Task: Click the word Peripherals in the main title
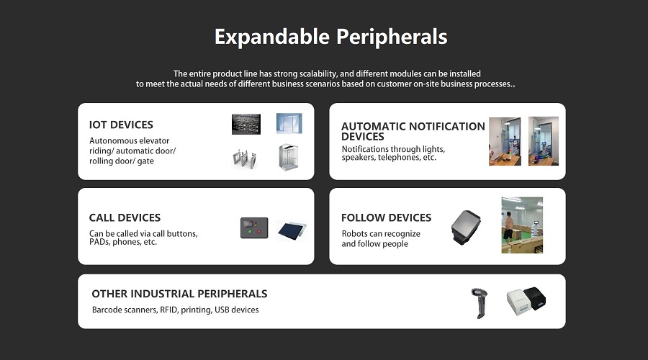pos(392,37)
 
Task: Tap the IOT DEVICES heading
pos(121,125)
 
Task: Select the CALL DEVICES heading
pos(125,218)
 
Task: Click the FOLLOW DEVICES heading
pos(387,218)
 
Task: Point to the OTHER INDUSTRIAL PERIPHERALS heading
pos(179,294)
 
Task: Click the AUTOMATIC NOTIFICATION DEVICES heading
pos(413,132)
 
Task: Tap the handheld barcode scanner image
pos(480,303)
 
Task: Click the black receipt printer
pos(535,297)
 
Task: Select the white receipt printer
pos(518,302)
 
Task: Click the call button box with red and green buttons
pos(254,228)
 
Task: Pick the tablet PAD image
pos(292,230)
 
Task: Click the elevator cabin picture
pos(289,158)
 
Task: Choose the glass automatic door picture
pos(289,123)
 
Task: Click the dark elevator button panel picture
pos(246,124)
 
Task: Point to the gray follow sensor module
pos(466,227)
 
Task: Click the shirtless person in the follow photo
pos(508,227)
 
